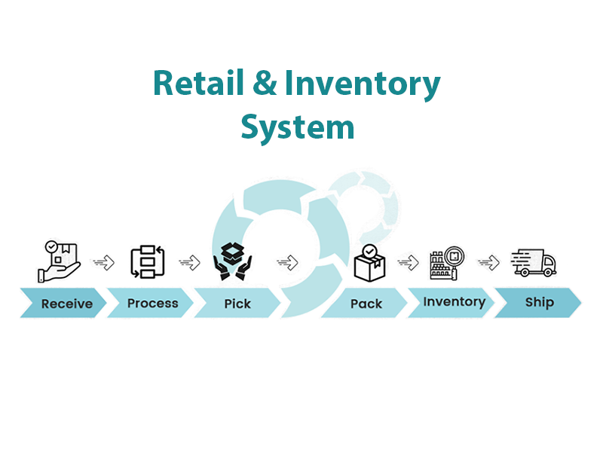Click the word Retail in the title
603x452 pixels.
(198, 83)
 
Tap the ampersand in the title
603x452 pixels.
(265, 83)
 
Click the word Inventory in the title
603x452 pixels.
(363, 84)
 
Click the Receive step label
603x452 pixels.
(67, 304)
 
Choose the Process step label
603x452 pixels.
(153, 304)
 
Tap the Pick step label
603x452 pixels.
(237, 304)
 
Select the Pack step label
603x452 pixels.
(366, 304)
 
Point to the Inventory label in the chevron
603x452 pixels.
(455, 302)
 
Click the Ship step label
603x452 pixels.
(540, 303)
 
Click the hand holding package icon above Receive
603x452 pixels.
(60, 261)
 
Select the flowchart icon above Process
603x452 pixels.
(148, 261)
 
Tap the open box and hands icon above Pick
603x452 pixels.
(233, 261)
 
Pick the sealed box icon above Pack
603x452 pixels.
(369, 263)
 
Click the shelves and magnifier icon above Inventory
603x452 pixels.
(447, 263)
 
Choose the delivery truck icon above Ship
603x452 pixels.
(534, 262)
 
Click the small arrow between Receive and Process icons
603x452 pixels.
(104, 263)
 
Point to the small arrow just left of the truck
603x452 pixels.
(488, 263)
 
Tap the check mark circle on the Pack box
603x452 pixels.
(369, 252)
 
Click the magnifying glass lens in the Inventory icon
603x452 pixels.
(455, 256)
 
